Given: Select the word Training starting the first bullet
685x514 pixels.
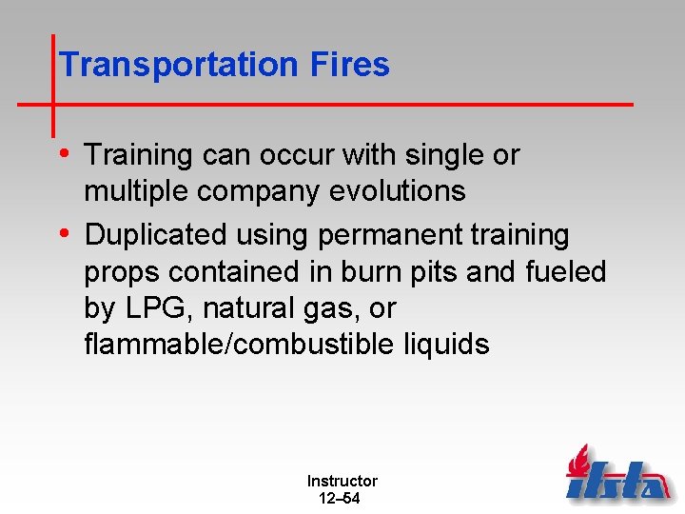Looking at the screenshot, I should pos(139,155).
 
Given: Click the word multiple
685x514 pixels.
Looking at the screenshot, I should pos(137,192).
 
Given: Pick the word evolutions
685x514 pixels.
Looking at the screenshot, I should pos(397,191).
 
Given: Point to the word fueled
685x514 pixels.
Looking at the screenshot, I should pos(565,272).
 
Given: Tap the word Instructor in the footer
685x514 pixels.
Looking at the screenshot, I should pos(342,482).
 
